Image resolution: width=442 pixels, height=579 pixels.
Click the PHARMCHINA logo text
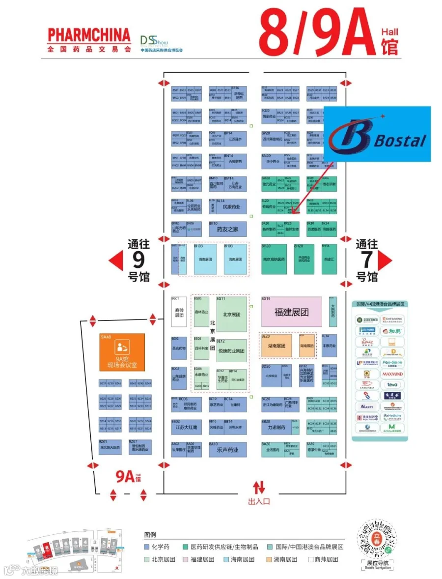pyautogui.click(x=89, y=35)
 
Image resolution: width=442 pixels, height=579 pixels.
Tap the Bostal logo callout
pyautogui.click(x=377, y=134)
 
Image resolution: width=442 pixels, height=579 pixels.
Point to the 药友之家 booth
pyautogui.click(x=227, y=229)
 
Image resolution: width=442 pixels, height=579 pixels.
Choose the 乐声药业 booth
pyautogui.click(x=227, y=450)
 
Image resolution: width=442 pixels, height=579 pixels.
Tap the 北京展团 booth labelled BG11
pyautogui.click(x=231, y=315)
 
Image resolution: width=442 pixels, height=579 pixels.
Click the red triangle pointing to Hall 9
pyautogui.click(x=116, y=261)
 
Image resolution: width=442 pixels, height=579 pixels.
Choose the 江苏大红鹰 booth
pyautogui.click(x=186, y=428)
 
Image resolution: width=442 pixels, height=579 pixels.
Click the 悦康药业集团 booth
pyautogui.click(x=231, y=351)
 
